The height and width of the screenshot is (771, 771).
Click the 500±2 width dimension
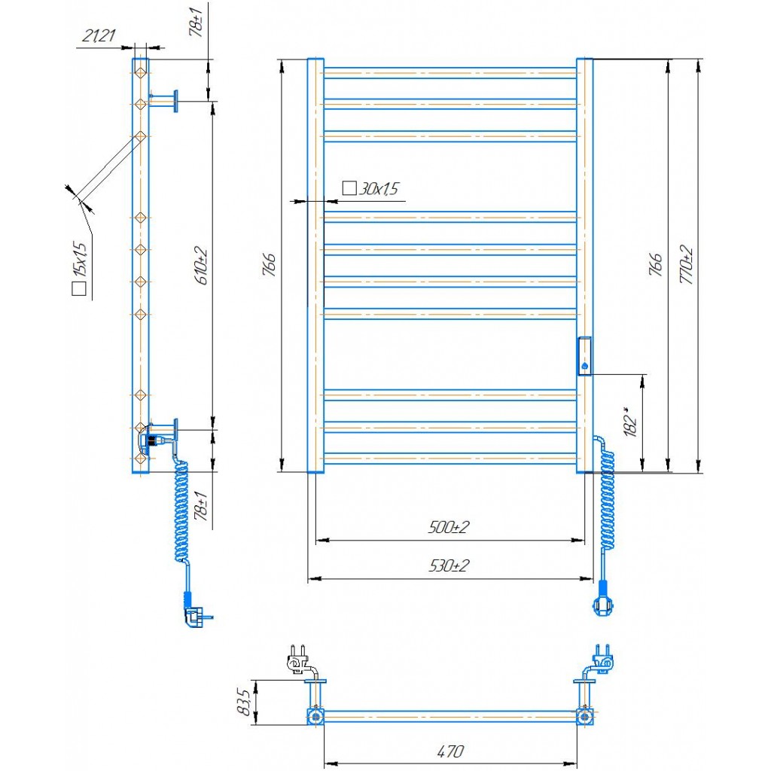click(x=449, y=527)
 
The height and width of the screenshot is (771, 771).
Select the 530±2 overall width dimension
click(x=449, y=565)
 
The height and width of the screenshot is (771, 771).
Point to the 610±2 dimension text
click(x=202, y=266)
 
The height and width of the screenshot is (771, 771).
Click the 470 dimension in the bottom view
click(x=450, y=751)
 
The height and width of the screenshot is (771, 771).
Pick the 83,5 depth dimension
click(x=243, y=702)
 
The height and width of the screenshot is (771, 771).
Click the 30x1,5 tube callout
click(x=370, y=188)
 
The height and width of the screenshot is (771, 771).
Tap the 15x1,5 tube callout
click(x=80, y=269)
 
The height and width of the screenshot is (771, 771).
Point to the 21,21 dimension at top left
click(x=99, y=35)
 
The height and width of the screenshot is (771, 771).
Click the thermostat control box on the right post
click(x=584, y=356)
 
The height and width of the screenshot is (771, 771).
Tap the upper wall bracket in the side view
click(x=163, y=101)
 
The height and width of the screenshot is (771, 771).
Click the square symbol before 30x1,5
click(x=349, y=187)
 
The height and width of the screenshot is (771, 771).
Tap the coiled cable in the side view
click(x=181, y=510)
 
